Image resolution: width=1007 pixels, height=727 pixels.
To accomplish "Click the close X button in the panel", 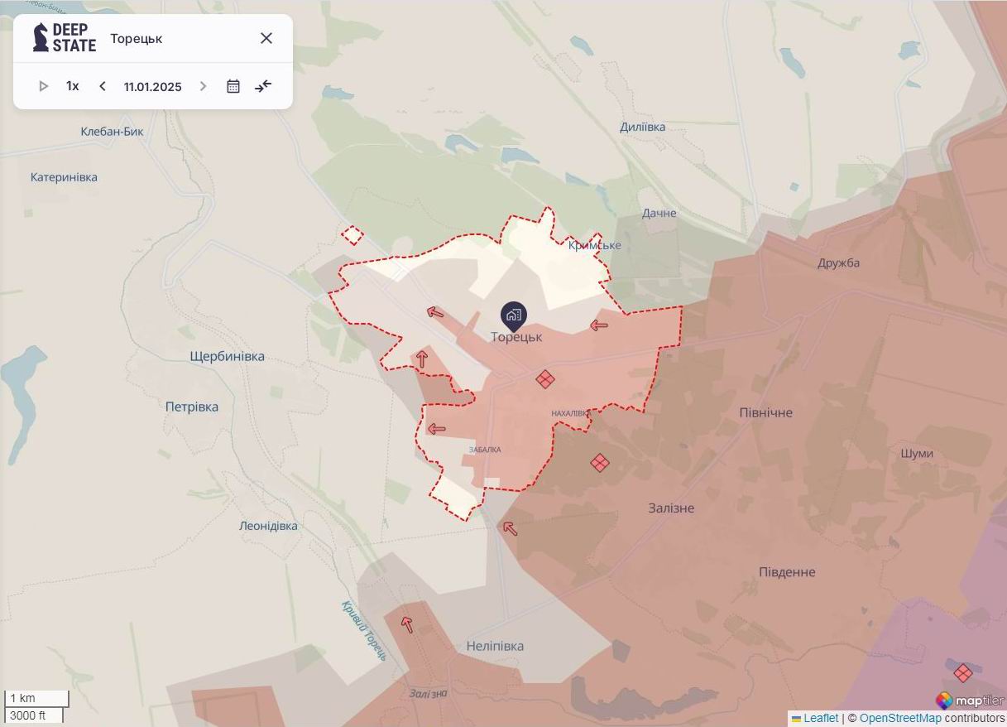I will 266,38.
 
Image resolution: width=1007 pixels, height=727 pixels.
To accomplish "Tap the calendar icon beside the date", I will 233,86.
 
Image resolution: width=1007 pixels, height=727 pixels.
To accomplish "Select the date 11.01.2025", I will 152,86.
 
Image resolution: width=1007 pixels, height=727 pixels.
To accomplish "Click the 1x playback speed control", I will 73,86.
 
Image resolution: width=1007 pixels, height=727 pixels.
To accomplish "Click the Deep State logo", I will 65,38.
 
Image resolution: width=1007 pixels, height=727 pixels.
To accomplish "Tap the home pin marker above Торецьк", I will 513,315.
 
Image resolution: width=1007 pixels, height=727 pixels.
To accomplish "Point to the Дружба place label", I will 838,262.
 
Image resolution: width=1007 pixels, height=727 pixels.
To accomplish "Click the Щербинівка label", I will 227,356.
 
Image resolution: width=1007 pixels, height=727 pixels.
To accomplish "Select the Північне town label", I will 765,412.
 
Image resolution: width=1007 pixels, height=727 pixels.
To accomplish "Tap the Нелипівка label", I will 495,646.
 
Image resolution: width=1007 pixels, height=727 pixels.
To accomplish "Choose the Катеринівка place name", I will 64,177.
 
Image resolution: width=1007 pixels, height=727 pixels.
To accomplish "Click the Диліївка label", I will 642,127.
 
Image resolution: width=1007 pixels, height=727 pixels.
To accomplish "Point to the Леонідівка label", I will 268,526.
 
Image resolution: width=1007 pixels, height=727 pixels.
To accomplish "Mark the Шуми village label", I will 916,453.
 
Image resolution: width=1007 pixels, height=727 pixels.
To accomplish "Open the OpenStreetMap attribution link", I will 899,718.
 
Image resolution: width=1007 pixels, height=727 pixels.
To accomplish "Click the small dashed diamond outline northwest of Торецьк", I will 352,236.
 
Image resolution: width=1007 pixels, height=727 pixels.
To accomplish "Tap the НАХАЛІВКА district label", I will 571,413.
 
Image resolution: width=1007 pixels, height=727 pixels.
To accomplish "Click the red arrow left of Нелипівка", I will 406,624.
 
